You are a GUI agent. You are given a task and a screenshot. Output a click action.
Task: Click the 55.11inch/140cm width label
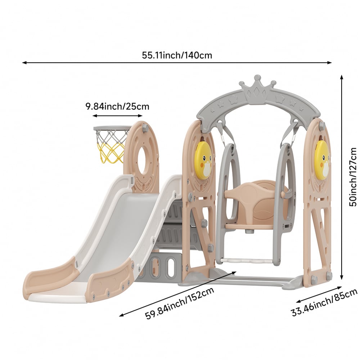177,55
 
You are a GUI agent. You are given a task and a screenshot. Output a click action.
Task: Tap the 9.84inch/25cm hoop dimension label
117,107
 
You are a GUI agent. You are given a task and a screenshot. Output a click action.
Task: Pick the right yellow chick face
323,159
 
